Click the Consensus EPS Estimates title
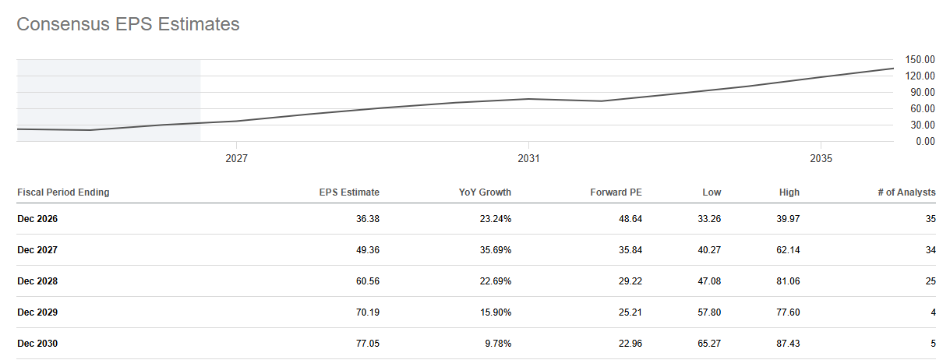pyautogui.click(x=128, y=24)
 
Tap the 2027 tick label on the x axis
pyautogui.click(x=236, y=159)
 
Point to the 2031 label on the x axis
pyautogui.click(x=528, y=159)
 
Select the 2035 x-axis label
pyautogui.click(x=821, y=159)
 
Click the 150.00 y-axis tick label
pyautogui.click(x=920, y=60)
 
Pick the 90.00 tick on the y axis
pyautogui.click(x=923, y=93)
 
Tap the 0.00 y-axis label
pyautogui.click(x=925, y=142)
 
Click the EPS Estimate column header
pyautogui.click(x=349, y=192)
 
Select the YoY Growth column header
pyautogui.click(x=485, y=192)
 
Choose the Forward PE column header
pyautogui.click(x=616, y=192)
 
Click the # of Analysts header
pyautogui.click(x=906, y=192)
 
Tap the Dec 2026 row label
pyautogui.click(x=37, y=219)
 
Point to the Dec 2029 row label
pyautogui.click(x=37, y=312)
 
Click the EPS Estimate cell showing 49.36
pyautogui.click(x=368, y=250)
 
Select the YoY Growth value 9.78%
pyautogui.click(x=498, y=344)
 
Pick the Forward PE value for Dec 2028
pyautogui.click(x=630, y=281)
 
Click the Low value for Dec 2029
pyautogui.click(x=709, y=312)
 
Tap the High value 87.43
pyautogui.click(x=788, y=344)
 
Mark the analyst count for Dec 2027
pyautogui.click(x=931, y=250)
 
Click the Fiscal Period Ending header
pyautogui.click(x=63, y=192)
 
